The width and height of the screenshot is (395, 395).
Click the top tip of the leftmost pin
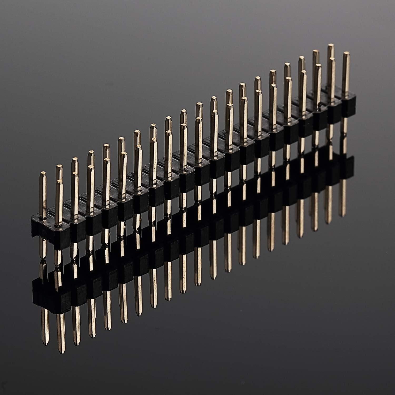pos(43,173)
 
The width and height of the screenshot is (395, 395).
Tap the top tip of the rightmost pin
pos(346,53)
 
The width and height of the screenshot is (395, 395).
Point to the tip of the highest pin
pos(331,46)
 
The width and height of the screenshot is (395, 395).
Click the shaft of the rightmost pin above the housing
pos(347,76)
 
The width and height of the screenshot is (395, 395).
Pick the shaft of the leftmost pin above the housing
pos(43,195)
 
